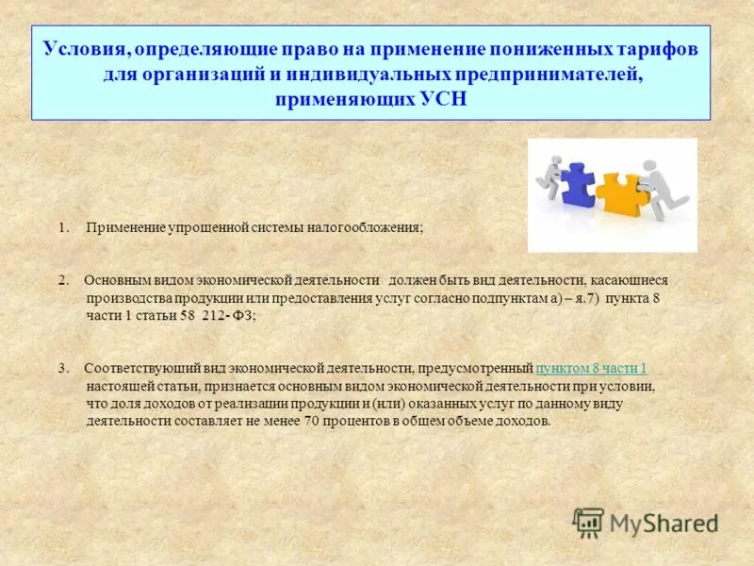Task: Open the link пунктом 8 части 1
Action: pos(591,368)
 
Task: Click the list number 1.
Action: pos(62,227)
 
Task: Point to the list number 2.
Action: pos(62,280)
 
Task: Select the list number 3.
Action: pos(62,368)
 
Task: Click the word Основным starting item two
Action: pos(112,280)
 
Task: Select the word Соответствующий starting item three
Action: pos(138,368)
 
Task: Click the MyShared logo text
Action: pos(664,522)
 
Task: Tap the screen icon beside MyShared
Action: pos(588,522)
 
